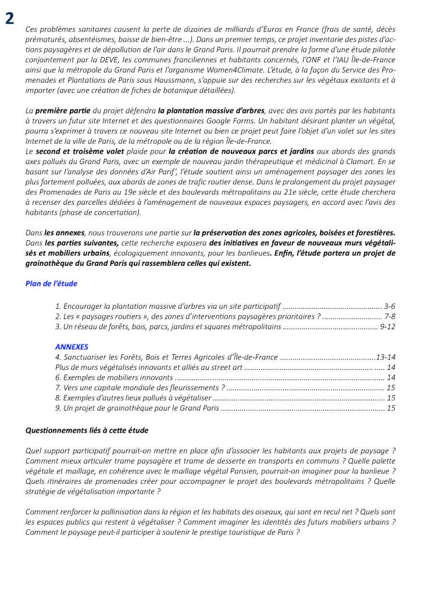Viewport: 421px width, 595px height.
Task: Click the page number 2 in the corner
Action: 10,18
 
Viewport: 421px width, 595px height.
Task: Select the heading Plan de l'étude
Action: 51,283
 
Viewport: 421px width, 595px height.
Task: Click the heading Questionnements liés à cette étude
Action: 87,430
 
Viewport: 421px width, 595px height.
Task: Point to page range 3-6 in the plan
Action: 390,305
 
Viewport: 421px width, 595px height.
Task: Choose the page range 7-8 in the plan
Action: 390,316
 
